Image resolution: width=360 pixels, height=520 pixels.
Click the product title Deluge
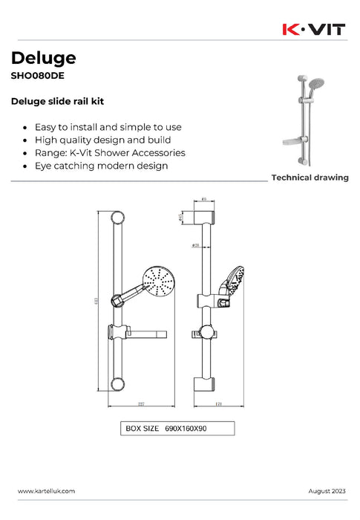click(x=43, y=57)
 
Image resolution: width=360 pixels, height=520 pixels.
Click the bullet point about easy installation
click(x=108, y=127)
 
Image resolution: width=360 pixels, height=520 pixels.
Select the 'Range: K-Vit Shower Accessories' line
click(x=110, y=152)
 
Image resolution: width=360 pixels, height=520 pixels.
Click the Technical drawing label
click(x=310, y=178)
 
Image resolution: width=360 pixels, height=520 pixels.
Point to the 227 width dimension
click(x=140, y=404)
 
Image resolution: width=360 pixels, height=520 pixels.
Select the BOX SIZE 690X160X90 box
click(x=177, y=429)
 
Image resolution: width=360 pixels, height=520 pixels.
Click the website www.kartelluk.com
click(x=46, y=492)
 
